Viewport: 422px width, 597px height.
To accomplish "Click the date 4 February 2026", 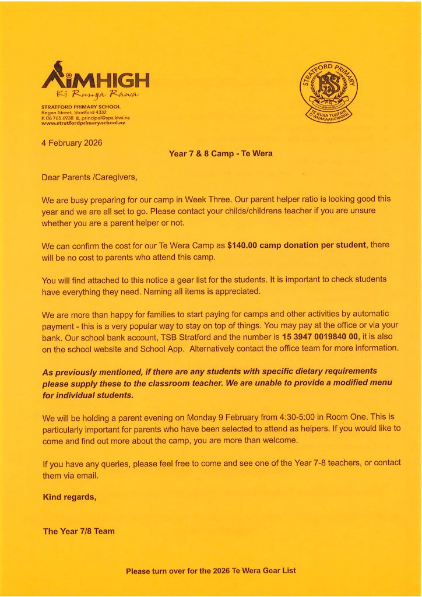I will (x=72, y=143).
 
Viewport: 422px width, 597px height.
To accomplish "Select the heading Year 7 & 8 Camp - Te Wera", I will (x=220, y=154).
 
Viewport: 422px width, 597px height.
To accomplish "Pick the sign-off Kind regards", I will (x=69, y=497).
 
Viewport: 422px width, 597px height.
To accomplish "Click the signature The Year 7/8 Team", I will (x=79, y=531).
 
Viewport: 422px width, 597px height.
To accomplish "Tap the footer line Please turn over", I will (x=210, y=571).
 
